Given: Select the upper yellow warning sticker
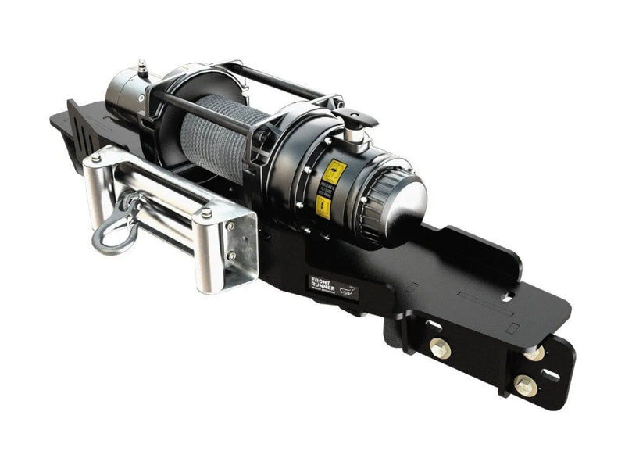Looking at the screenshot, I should click(334, 172).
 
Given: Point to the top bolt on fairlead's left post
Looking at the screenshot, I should click(95, 159).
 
